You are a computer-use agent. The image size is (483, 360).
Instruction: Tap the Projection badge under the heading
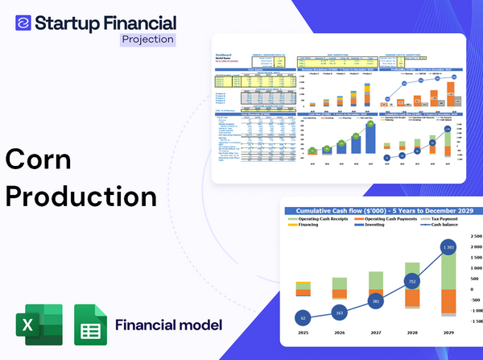(x=147, y=39)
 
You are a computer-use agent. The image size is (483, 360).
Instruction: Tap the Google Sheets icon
(x=89, y=325)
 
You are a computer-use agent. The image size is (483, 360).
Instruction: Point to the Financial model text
(x=167, y=325)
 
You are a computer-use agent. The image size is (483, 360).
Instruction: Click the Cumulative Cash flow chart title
(x=384, y=211)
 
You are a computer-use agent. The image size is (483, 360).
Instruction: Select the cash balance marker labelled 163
(x=339, y=312)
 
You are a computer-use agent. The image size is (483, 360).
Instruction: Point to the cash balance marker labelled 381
(x=376, y=301)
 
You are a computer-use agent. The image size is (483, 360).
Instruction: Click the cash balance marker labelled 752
(x=412, y=282)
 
